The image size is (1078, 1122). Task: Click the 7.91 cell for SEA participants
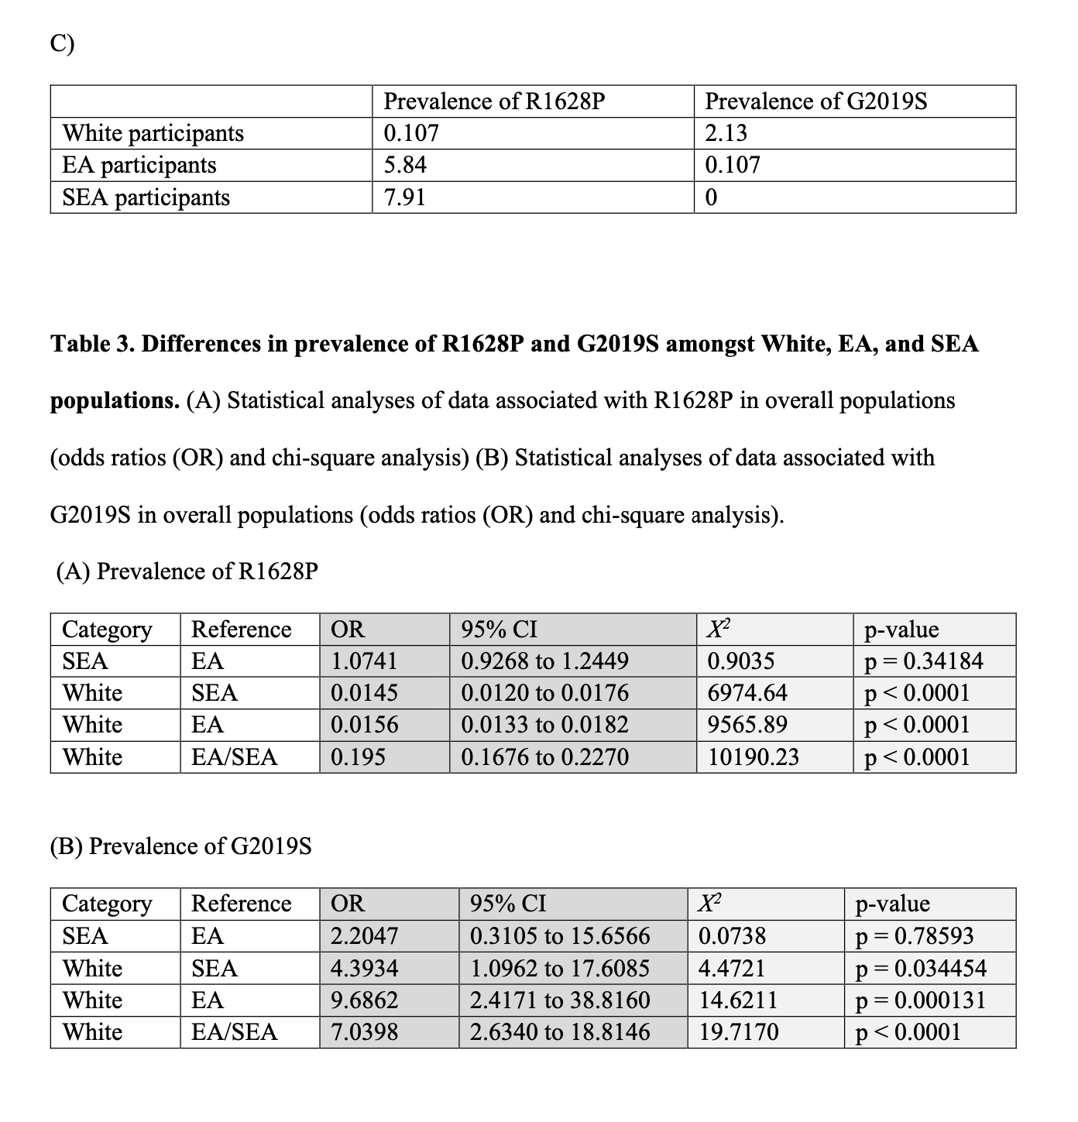(404, 197)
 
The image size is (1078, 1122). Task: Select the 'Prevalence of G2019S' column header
(816, 101)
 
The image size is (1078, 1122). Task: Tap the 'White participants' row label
(153, 133)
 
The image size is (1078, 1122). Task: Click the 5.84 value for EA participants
(405, 165)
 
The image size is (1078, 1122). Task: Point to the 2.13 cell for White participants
(726, 133)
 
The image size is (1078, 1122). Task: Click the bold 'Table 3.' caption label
(92, 344)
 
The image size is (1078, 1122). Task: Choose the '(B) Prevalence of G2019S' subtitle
(181, 846)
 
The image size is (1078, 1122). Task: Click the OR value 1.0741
(363, 661)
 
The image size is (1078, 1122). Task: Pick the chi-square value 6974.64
(747, 693)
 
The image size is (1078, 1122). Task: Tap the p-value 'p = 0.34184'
(923, 661)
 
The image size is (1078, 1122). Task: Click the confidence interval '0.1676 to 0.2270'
(544, 757)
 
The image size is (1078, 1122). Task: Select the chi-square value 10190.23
(753, 757)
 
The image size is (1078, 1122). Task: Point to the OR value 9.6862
(364, 1000)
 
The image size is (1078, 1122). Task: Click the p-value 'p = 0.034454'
(921, 969)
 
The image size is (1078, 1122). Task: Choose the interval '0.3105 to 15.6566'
(560, 936)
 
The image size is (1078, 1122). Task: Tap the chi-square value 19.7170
(739, 1032)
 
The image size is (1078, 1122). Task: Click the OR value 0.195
(358, 757)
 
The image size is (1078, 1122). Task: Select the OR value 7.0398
(364, 1032)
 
